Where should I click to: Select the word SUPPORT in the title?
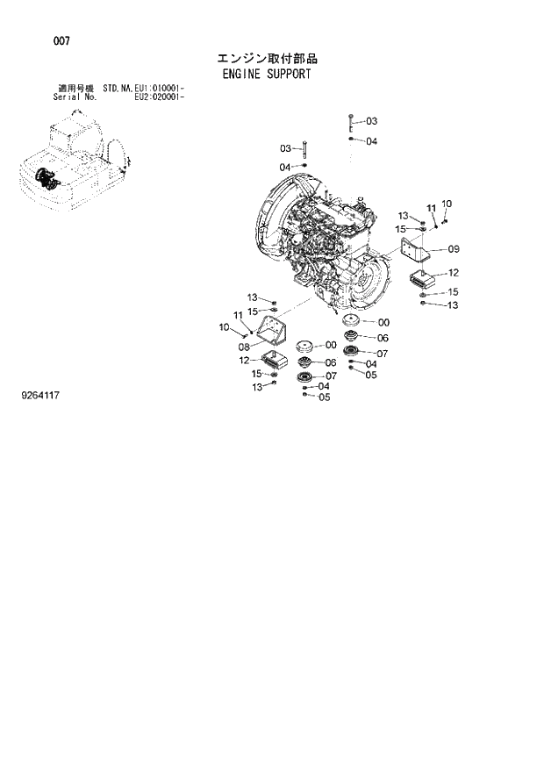tap(287, 74)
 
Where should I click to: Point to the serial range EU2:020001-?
tap(159, 97)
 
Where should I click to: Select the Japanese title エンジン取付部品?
tap(267, 59)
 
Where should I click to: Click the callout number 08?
tap(245, 347)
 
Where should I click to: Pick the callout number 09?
tap(441, 248)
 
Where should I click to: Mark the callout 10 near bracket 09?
tap(447, 204)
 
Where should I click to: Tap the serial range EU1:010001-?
tap(159, 89)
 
